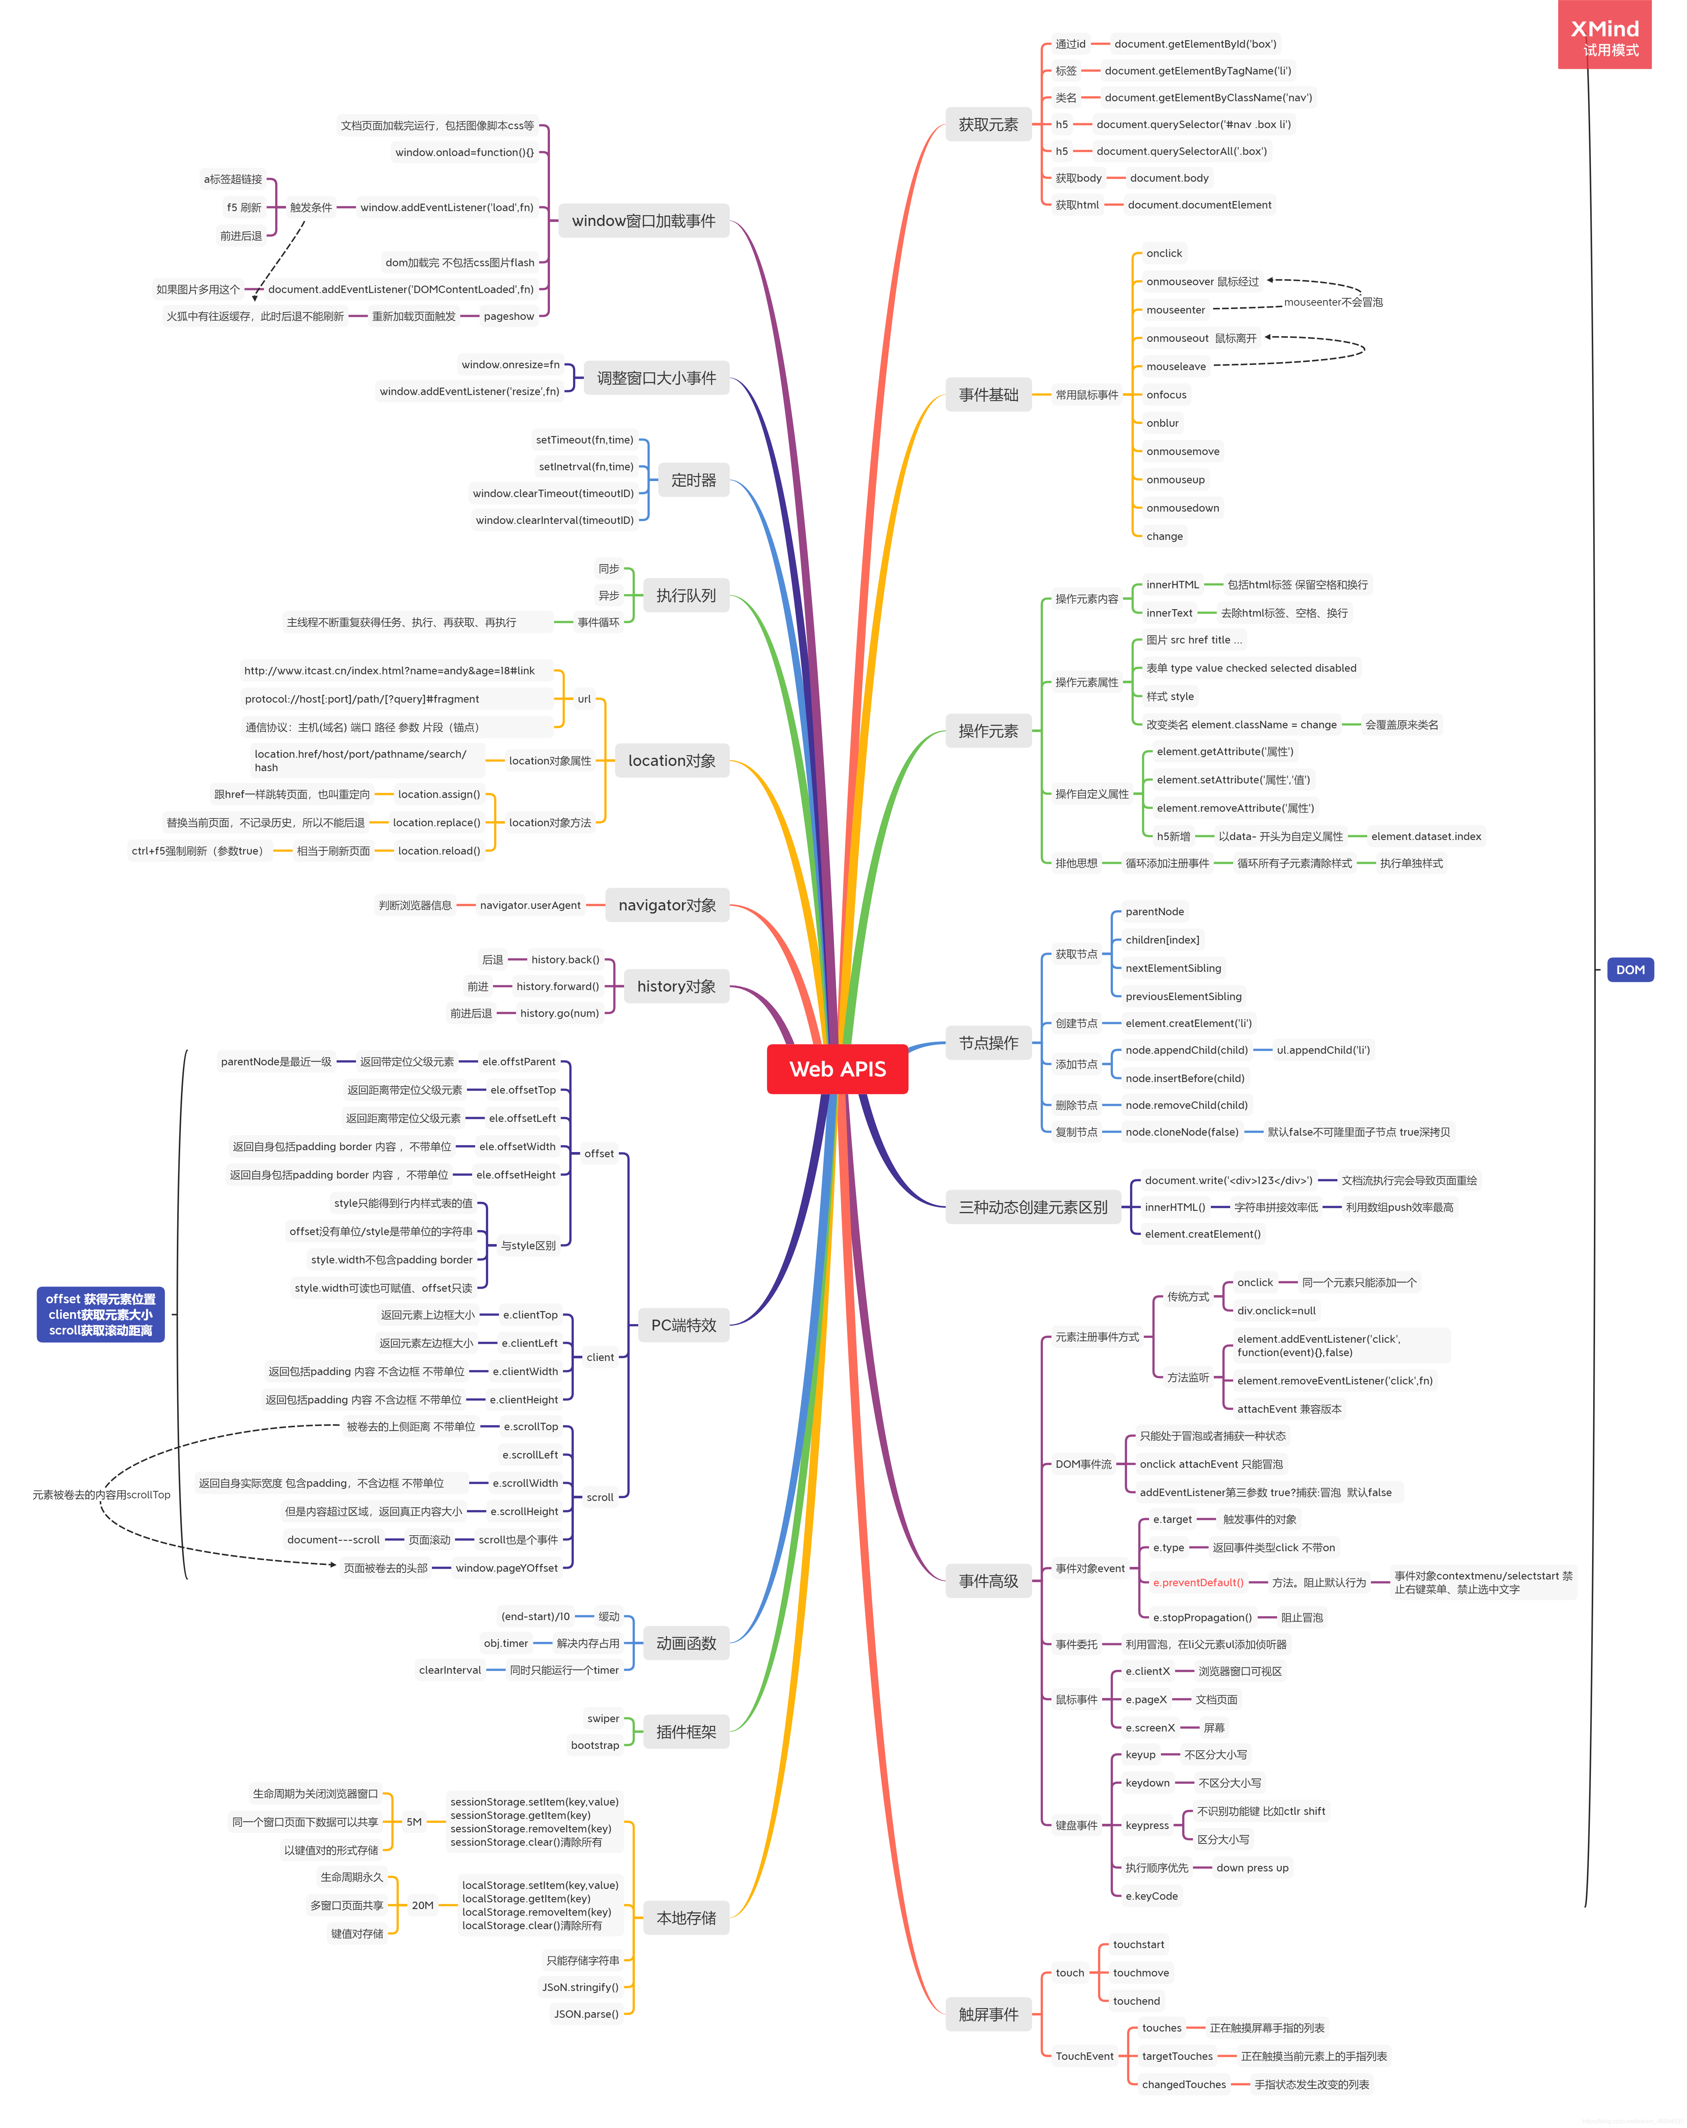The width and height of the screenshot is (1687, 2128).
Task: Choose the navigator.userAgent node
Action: click(530, 905)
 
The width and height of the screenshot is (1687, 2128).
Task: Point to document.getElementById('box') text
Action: click(1194, 44)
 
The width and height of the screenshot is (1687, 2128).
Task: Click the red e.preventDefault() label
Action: click(1197, 1582)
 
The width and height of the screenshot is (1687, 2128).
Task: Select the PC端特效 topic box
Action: click(683, 1324)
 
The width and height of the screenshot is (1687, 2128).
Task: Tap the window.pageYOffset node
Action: click(506, 1567)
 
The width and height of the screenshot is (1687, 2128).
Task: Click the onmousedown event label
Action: click(1182, 507)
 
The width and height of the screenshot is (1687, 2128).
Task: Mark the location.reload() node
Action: click(438, 851)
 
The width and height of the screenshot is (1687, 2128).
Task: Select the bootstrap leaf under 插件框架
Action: click(594, 1745)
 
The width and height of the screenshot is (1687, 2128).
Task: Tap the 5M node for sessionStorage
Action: click(414, 1822)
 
